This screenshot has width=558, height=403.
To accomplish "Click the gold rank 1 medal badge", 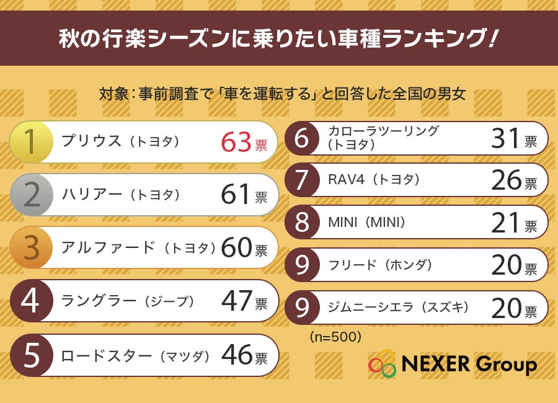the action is click(x=32, y=142).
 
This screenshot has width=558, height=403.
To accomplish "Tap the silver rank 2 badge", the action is click(x=32, y=195).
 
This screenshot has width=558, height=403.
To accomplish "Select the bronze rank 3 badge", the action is click(x=32, y=247).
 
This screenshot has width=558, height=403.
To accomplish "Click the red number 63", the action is click(x=236, y=143).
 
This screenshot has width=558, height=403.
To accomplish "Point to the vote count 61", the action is click(x=235, y=195).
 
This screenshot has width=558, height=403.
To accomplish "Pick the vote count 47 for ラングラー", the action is click(x=236, y=301).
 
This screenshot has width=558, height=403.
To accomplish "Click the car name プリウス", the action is click(x=92, y=141).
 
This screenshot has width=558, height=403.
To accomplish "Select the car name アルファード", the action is click(x=108, y=247).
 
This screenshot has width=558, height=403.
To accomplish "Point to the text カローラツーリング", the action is click(x=384, y=131).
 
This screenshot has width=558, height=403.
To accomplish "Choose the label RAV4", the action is click(x=346, y=180).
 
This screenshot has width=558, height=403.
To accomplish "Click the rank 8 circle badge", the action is click(x=302, y=222).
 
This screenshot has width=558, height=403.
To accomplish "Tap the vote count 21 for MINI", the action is click(x=506, y=223).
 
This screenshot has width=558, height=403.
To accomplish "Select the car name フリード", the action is click(x=352, y=265).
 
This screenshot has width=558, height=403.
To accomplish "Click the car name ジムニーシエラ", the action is click(x=371, y=307).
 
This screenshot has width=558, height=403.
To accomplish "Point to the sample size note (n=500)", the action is click(x=335, y=337).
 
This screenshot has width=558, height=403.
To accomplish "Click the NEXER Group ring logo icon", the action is click(x=382, y=363).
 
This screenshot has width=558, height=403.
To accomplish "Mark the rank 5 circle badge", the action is click(x=32, y=355).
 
